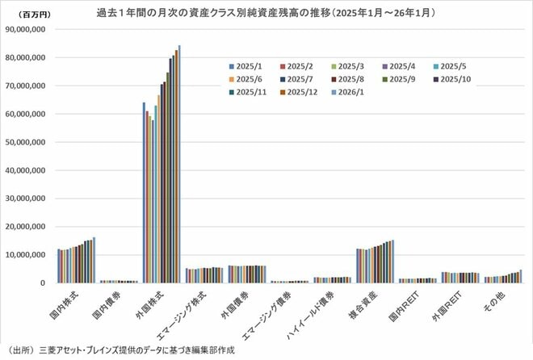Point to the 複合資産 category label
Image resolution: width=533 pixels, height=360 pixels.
pos(365,306)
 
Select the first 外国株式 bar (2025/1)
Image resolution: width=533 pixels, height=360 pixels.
pos(144,192)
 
